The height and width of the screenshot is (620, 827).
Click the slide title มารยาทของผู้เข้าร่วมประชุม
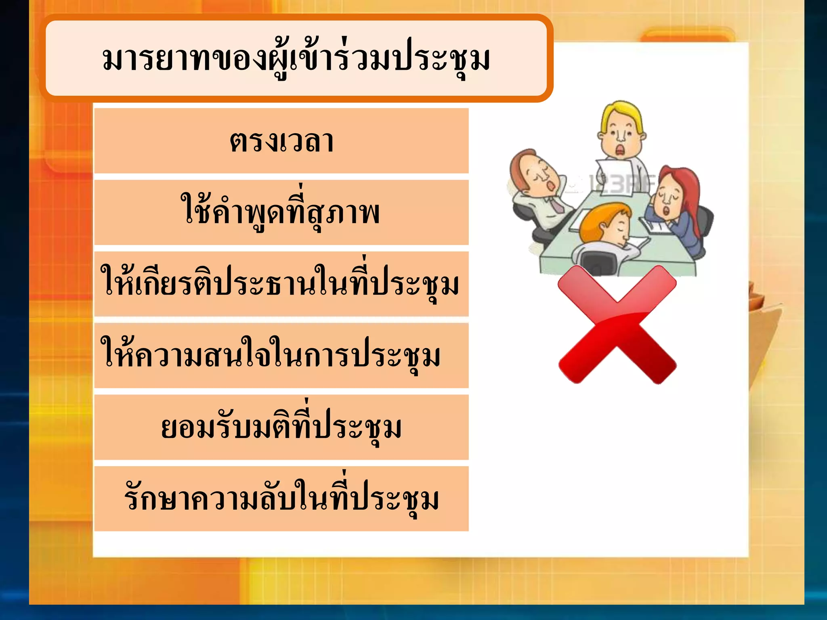pos(296,59)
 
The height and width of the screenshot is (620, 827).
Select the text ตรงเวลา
pos(281,142)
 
